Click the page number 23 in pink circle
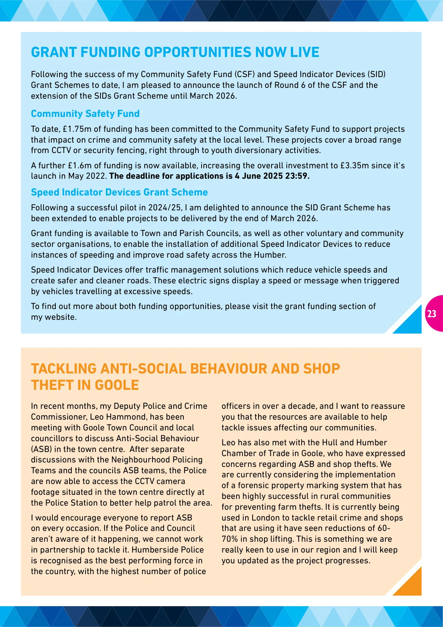coord(432,314)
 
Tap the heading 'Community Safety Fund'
coord(85,114)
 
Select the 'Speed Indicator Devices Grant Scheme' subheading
coord(119,192)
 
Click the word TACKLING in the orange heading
coord(64,369)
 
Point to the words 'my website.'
coord(54,317)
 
